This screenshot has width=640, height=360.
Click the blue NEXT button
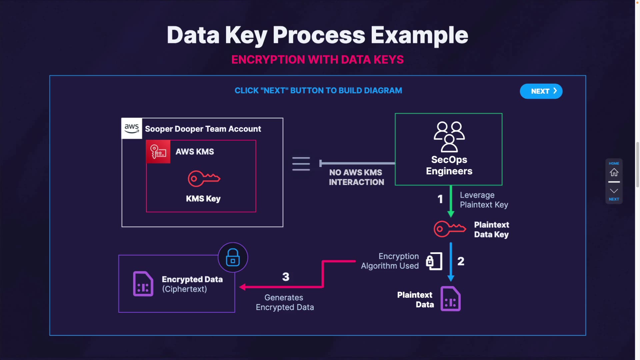pyautogui.click(x=541, y=91)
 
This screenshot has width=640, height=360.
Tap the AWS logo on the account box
pyautogui.click(x=132, y=128)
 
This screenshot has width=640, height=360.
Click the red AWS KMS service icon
pyautogui.click(x=158, y=152)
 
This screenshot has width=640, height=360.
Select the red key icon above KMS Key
pyautogui.click(x=204, y=179)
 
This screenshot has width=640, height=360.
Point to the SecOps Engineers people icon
pyautogui.click(x=449, y=137)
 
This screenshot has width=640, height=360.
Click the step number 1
pyautogui.click(x=440, y=199)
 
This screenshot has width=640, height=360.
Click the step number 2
pyautogui.click(x=461, y=261)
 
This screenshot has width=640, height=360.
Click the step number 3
pyautogui.click(x=286, y=277)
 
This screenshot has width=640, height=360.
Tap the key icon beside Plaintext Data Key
pyautogui.click(x=449, y=229)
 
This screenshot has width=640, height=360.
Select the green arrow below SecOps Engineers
pyautogui.click(x=451, y=201)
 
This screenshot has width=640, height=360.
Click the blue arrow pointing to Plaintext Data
pyautogui.click(x=451, y=262)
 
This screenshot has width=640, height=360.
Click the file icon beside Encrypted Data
pyautogui.click(x=143, y=284)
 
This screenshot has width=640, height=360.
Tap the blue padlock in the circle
pyautogui.click(x=233, y=257)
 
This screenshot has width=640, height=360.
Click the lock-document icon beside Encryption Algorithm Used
pyautogui.click(x=434, y=261)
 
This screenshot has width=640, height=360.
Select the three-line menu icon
pyautogui.click(x=301, y=164)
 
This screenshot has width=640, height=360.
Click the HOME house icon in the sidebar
pyautogui.click(x=614, y=172)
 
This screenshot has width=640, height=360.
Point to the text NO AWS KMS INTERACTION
pyautogui.click(x=356, y=177)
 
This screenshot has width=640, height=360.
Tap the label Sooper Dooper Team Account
pyautogui.click(x=203, y=129)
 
